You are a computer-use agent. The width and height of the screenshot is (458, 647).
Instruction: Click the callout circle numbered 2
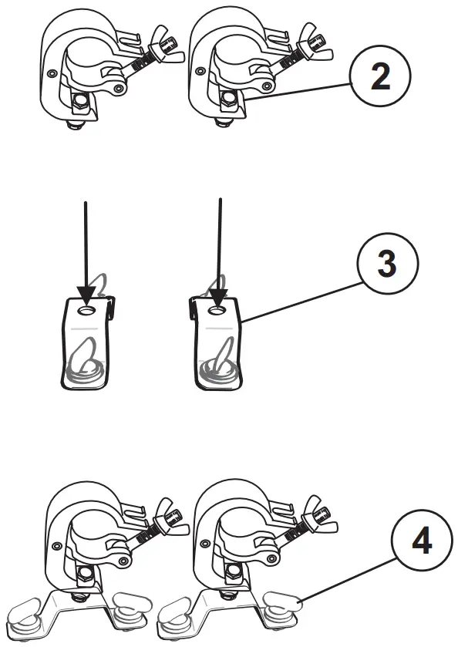click(x=379, y=79)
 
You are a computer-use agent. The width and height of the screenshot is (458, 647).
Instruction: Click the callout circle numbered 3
click(x=387, y=264)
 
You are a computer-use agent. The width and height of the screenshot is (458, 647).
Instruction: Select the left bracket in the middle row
click(x=86, y=343)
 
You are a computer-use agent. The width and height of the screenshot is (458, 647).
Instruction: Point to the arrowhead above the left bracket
click(x=86, y=295)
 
